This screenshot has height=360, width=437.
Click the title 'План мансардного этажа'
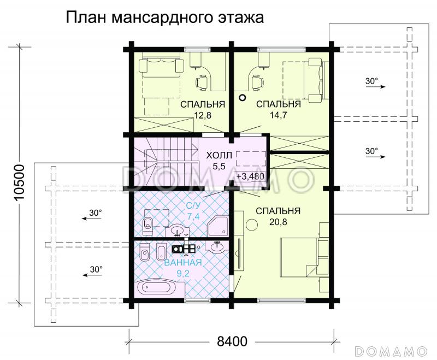(x=165, y=18)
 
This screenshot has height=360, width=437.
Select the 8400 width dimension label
(x=232, y=342)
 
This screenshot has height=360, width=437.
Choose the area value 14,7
(x=278, y=115)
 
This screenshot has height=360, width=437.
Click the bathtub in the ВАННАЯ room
(x=157, y=288)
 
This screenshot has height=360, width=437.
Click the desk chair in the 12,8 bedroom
(x=202, y=81)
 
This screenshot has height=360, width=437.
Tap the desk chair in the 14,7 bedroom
(x=257, y=81)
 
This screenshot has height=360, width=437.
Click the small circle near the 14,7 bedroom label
(x=242, y=98)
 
